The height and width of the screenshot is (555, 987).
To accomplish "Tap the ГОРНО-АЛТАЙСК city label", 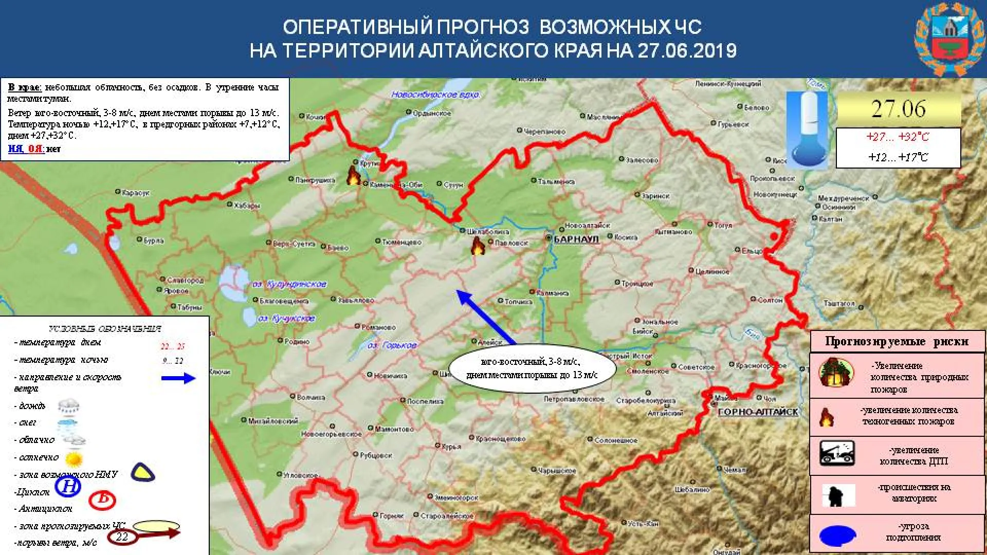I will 758,412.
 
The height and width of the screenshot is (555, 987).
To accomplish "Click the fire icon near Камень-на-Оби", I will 353,175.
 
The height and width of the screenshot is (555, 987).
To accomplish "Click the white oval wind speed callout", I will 532,368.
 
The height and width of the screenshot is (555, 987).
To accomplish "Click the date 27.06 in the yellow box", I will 898,109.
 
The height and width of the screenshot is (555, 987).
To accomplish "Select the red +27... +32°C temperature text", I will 898,137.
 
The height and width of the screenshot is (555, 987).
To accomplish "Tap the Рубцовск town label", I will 375,455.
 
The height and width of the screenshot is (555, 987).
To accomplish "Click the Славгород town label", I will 185,280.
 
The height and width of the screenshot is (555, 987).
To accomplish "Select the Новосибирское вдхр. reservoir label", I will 435,95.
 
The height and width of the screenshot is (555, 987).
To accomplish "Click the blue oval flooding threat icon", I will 837,535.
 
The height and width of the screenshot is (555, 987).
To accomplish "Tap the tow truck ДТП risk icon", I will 837,453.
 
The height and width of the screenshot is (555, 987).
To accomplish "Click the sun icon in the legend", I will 75,458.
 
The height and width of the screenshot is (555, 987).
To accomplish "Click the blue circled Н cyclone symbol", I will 68,486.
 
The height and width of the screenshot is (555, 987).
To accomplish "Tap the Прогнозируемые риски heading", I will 897,341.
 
